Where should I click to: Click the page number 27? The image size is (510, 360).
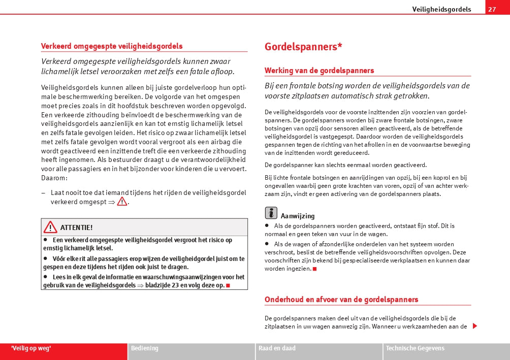coord(491,9)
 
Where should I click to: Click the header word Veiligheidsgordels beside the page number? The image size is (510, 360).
coord(441,9)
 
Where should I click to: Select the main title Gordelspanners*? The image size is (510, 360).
coord(303,47)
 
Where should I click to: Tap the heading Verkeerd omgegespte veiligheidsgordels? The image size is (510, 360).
coord(112,46)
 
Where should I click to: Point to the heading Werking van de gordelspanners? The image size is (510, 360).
coord(319,71)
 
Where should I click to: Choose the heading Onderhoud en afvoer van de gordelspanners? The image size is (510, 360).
coord(341,300)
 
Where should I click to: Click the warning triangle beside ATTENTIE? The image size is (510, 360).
coord(50,227)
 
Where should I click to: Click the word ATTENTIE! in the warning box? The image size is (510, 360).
coord(76,227)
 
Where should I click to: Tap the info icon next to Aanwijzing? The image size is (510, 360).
coord(271,213)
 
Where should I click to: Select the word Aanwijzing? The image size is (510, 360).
coord(298,216)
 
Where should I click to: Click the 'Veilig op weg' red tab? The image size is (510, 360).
coord(31,348)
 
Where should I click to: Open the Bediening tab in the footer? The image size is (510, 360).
coord(145,348)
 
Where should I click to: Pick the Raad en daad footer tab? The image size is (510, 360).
coord(277,348)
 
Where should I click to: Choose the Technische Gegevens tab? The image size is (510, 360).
coord(415,348)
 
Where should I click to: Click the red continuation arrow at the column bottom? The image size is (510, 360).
coord(475,326)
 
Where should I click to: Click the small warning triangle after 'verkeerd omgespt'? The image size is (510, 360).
coord(122,202)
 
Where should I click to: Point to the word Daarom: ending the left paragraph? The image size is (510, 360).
coord(54,178)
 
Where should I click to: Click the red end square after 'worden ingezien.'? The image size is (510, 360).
coord(315,269)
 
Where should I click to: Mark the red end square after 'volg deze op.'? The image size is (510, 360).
coord(228,285)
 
